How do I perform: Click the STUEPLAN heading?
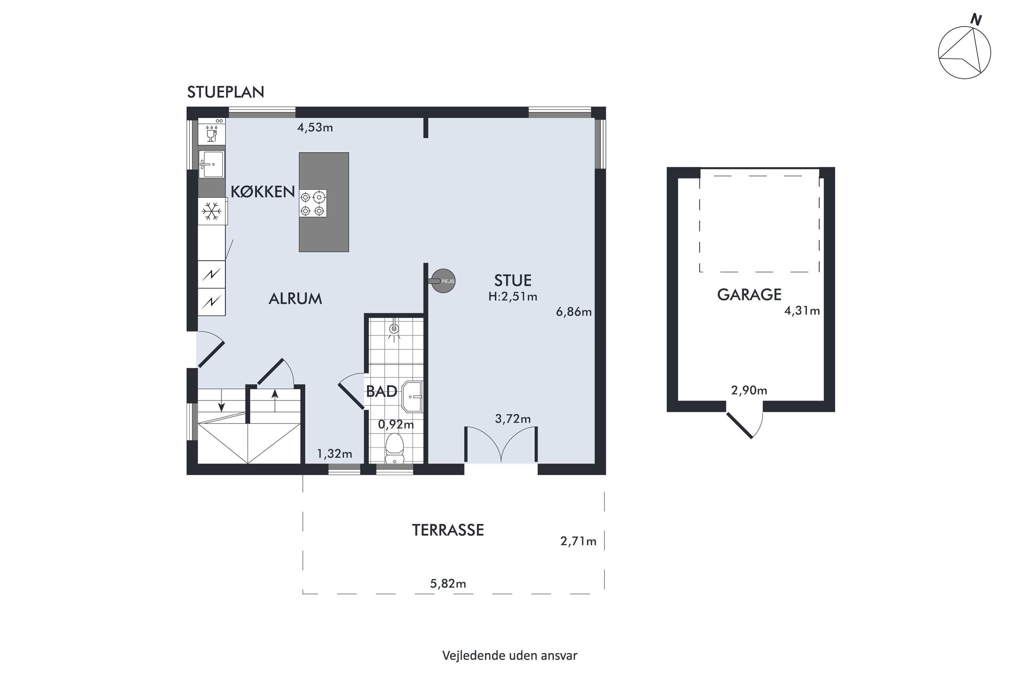(225, 92)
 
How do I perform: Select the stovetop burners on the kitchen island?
(313, 203)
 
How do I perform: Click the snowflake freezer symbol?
(211, 211)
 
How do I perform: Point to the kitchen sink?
(211, 164)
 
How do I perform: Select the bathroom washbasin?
(412, 396)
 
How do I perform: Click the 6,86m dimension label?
(574, 312)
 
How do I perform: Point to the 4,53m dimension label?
(315, 128)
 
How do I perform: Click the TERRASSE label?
(448, 530)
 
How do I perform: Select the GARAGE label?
(749, 295)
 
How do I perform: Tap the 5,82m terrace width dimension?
(448, 584)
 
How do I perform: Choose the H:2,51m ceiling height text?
(513, 296)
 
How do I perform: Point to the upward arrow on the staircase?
(274, 400)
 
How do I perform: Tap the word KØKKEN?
(262, 192)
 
